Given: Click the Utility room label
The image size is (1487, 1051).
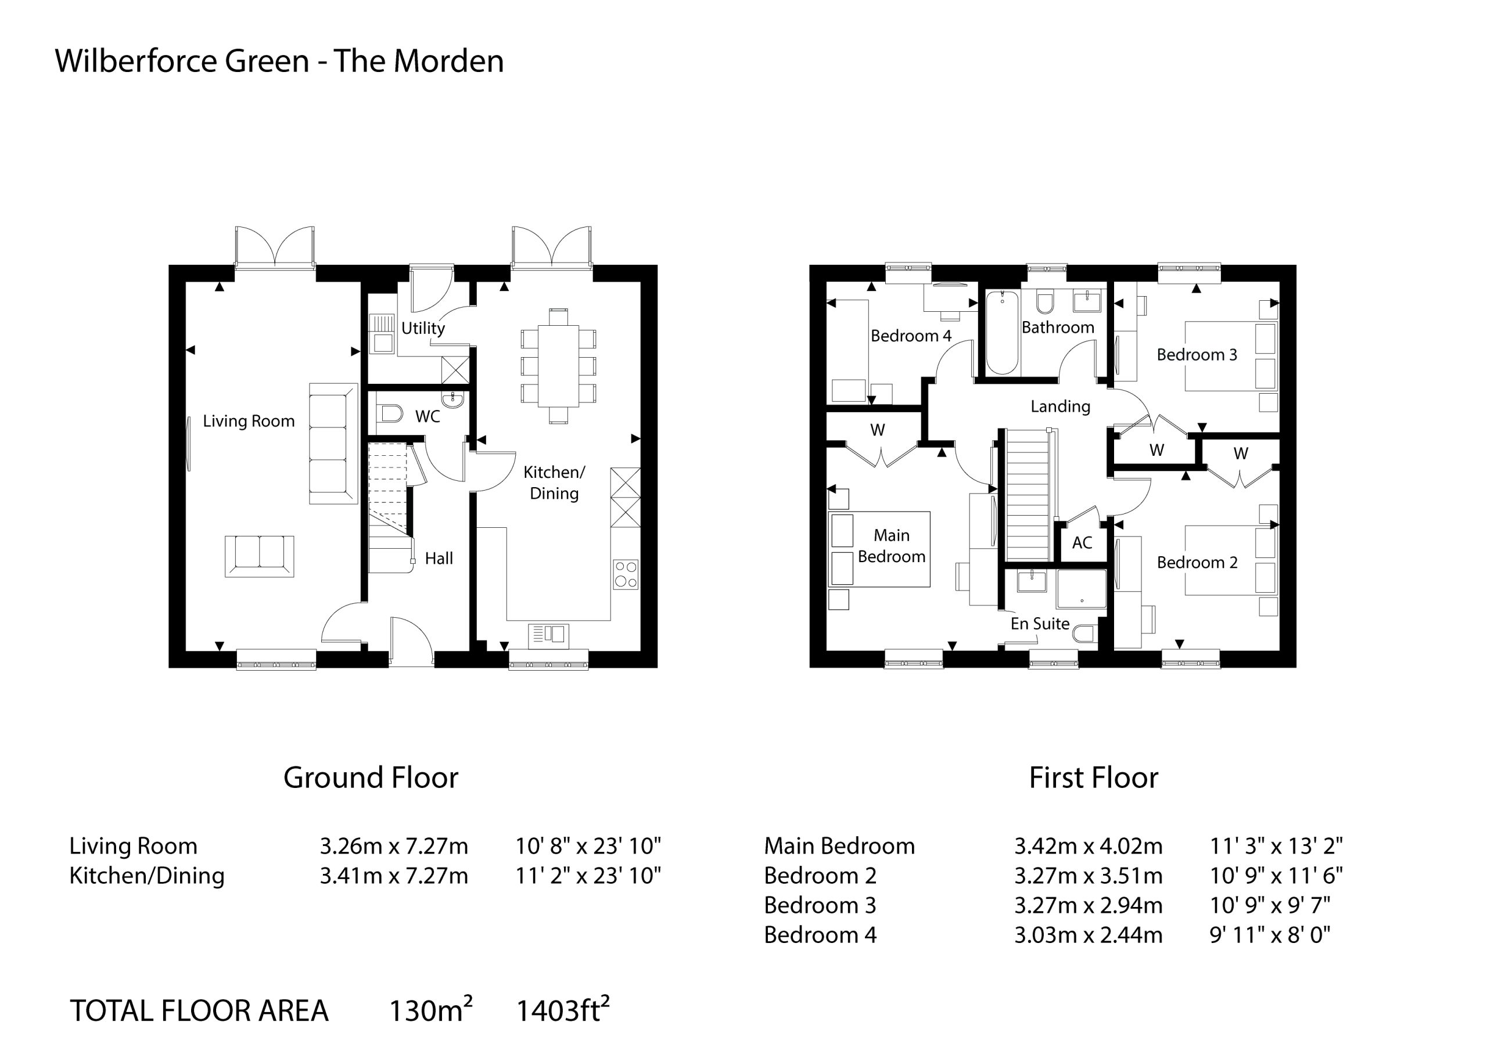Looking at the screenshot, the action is click(x=423, y=328).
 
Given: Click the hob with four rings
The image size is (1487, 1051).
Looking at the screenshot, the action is click(x=626, y=574).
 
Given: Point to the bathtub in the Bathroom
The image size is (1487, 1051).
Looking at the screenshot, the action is click(x=1002, y=332).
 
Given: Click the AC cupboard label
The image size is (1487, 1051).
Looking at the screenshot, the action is click(x=1082, y=543).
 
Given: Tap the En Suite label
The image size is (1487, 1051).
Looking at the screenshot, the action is click(x=1040, y=624).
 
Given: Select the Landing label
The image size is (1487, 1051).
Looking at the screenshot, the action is click(x=1060, y=406).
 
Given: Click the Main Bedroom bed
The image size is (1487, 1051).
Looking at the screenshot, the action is click(x=879, y=549).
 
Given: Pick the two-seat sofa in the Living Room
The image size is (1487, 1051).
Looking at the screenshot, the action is click(x=259, y=556).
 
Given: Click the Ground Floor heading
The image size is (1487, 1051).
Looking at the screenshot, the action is click(x=371, y=778).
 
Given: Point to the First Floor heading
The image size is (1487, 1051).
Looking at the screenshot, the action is click(x=1093, y=778).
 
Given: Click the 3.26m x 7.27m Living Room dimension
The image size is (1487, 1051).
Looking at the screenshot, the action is click(x=394, y=845).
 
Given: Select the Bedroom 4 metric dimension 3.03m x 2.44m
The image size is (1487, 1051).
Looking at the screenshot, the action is click(x=1088, y=935).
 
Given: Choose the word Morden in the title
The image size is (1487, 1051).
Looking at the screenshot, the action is click(x=448, y=61).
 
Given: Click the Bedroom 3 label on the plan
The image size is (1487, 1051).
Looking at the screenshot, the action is click(x=1197, y=355).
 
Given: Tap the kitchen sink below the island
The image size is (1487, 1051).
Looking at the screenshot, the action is click(x=548, y=636).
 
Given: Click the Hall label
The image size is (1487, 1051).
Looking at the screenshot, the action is click(x=439, y=558).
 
